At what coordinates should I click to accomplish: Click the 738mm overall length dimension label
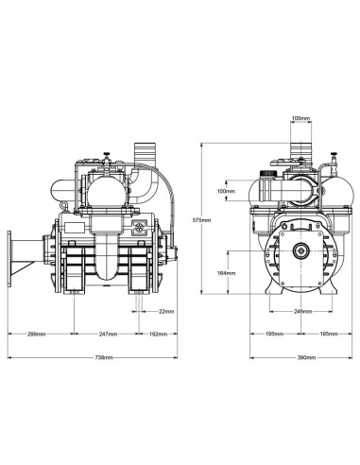tap(104, 357)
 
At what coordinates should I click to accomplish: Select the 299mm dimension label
tap(37, 334)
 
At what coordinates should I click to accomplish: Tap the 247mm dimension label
tap(108, 334)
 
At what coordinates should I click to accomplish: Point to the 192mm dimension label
tap(158, 334)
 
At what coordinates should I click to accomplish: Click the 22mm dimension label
tap(166, 312)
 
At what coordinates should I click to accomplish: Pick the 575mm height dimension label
tap(201, 220)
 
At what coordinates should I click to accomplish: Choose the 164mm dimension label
tap(227, 273)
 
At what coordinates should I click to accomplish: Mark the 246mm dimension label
tap(302, 312)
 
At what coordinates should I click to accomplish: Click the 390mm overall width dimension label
tap(306, 357)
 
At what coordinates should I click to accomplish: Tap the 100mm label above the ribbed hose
tap(300, 118)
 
